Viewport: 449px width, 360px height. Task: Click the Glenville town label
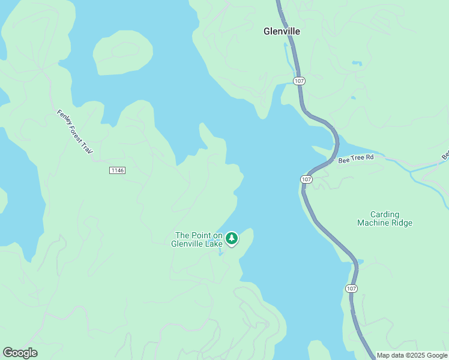point(282,31)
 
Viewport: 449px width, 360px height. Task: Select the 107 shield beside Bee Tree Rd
point(306,179)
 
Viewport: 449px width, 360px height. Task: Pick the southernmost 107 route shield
point(352,289)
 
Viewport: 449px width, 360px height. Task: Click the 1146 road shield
point(117,170)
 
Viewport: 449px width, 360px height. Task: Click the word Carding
point(385,214)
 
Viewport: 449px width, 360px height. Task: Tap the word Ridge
point(403,223)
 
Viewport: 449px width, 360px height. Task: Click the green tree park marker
point(232,238)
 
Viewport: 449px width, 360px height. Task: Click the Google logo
point(20,353)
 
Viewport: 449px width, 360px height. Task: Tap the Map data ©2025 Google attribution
point(411,355)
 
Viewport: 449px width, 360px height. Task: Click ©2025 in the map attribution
point(412,355)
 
